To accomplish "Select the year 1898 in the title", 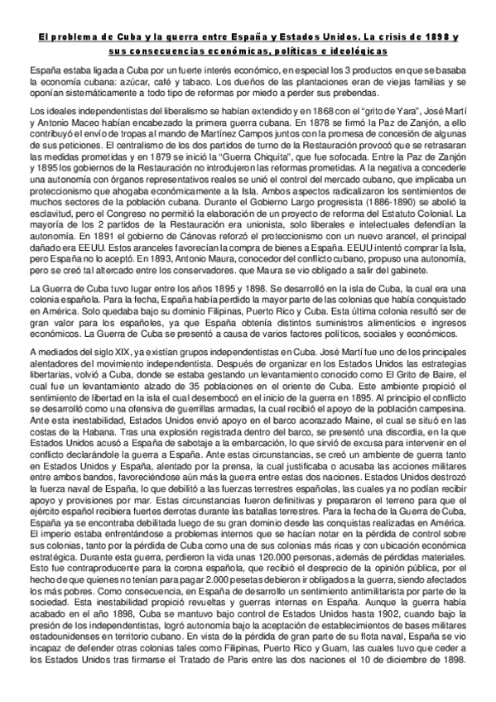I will tap(434, 38).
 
